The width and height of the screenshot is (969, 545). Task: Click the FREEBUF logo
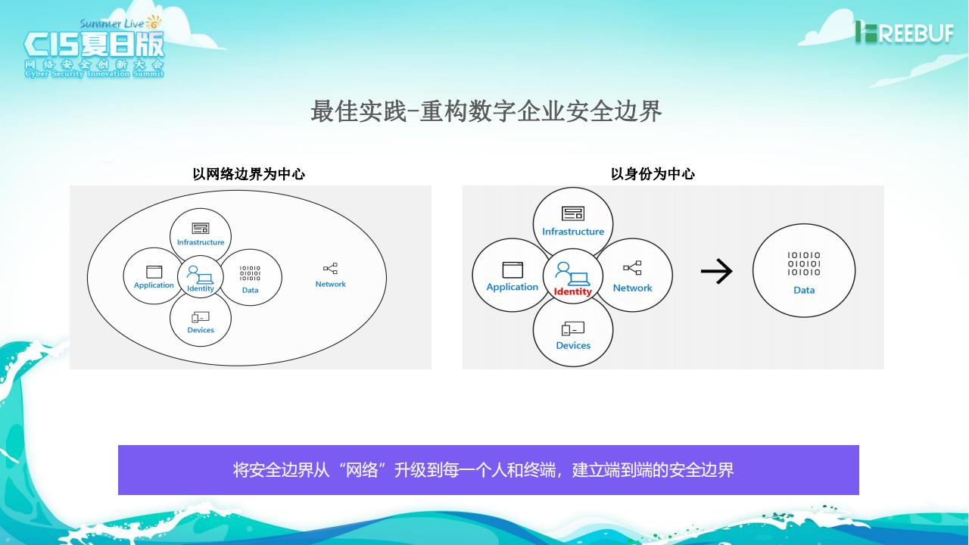pyautogui.click(x=904, y=32)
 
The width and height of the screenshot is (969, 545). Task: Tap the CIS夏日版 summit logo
pyautogui.click(x=94, y=47)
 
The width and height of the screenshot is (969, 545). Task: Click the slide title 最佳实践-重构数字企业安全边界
pyautogui.click(x=486, y=111)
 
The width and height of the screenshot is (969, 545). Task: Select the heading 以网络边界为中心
pyautogui.click(x=249, y=174)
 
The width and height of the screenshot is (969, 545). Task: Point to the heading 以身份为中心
pyautogui.click(x=653, y=174)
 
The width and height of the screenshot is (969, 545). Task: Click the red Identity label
pyautogui.click(x=573, y=291)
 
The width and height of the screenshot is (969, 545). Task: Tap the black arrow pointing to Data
pyautogui.click(x=716, y=271)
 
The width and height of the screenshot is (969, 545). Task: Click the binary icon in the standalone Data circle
pyautogui.click(x=804, y=263)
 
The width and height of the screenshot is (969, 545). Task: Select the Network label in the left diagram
pyautogui.click(x=330, y=285)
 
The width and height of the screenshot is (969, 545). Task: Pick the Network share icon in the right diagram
pyautogui.click(x=632, y=268)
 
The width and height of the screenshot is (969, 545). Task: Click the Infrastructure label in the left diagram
pyautogui.click(x=201, y=242)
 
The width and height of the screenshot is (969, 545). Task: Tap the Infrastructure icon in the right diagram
pyautogui.click(x=573, y=213)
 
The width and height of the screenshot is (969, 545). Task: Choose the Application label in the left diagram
pyautogui.click(x=154, y=285)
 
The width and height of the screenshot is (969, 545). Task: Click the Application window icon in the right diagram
pyautogui.click(x=513, y=269)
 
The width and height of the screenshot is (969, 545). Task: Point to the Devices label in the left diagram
pyautogui.click(x=201, y=330)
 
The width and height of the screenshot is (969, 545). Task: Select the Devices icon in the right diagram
pyautogui.click(x=573, y=329)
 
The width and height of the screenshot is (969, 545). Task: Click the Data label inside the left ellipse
pyautogui.click(x=250, y=290)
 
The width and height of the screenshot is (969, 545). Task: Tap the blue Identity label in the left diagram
pyautogui.click(x=201, y=288)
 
